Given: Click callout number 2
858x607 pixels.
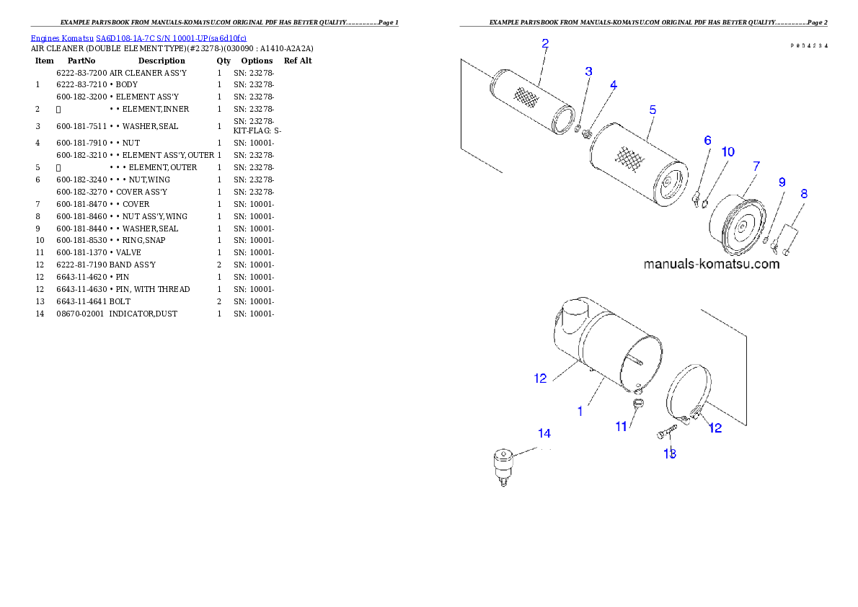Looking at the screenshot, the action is pos(545,43).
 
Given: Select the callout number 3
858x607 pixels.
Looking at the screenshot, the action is pos(589,71).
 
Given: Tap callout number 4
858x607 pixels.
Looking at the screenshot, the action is pos(613,85).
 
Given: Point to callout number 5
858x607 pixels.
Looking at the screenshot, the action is pos(653,110).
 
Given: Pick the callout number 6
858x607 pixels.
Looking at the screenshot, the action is pos(707,140).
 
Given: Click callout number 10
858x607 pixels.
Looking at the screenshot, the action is pos(728,152).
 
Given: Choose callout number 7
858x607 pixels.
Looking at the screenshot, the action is pos(756,167).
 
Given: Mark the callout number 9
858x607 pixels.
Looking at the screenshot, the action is pos(782,183).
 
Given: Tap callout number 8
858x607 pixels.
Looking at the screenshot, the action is pos(804,194).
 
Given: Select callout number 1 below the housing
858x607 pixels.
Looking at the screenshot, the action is pos(580,411).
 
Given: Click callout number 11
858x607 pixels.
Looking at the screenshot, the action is pos(622,427).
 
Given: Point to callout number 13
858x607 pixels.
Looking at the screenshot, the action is pos(670,453).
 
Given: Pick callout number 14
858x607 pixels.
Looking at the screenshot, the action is pos(544,433).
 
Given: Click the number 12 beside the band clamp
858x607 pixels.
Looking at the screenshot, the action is pos(715,427).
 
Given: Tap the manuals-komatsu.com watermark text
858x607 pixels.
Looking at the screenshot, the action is pos(711,264).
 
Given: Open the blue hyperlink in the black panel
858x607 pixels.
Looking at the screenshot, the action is pos(138,38).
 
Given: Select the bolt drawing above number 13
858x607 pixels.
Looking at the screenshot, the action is pos(667,433).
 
